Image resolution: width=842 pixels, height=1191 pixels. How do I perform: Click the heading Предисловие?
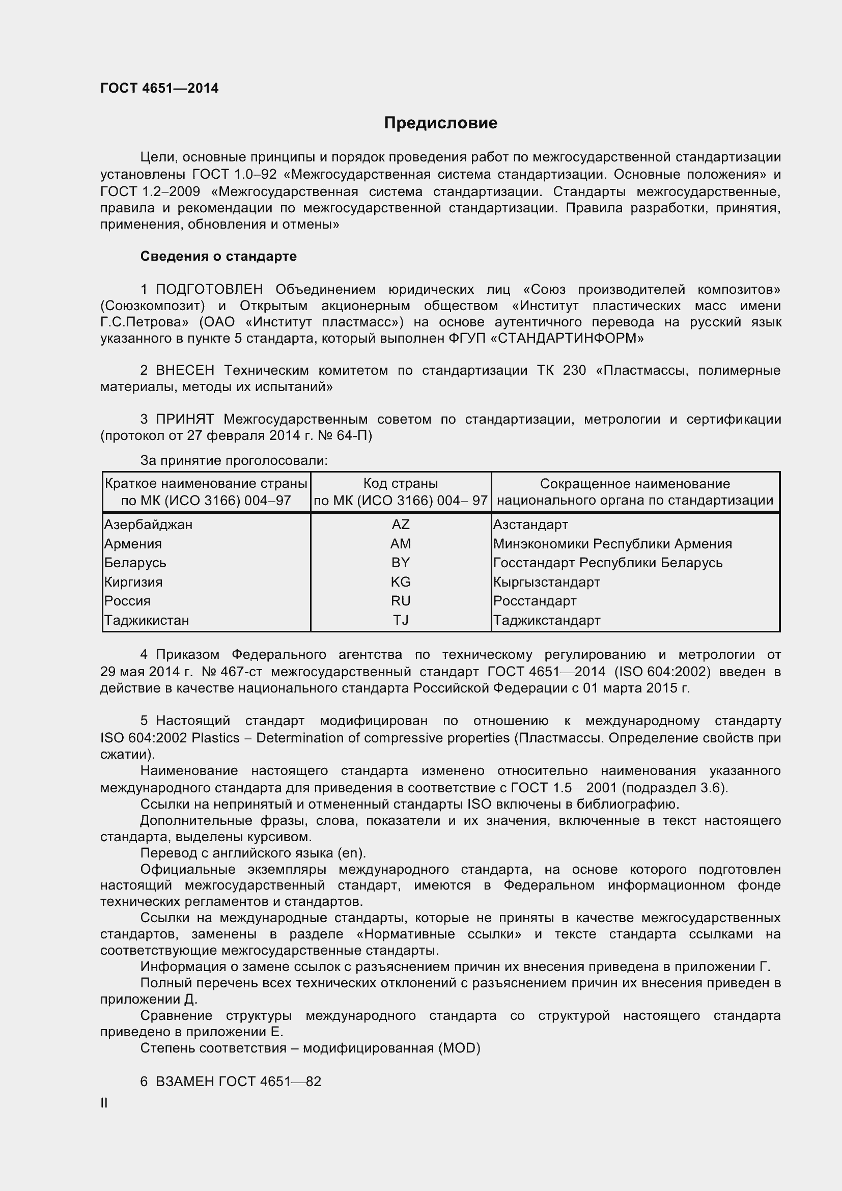[440, 123]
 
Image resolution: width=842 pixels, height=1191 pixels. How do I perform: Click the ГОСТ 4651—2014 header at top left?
[159, 88]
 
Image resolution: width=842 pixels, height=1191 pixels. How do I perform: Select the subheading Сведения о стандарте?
[218, 256]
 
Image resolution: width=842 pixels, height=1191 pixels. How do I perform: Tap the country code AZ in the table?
[400, 524]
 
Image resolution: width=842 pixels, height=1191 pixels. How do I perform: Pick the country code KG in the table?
[400, 582]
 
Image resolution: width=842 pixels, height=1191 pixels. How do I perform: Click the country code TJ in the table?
[400, 620]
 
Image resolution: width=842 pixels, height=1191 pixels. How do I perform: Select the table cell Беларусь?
[135, 563]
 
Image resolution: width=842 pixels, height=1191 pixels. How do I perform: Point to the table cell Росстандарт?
[535, 601]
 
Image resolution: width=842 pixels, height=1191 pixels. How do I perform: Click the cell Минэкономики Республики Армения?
[612, 544]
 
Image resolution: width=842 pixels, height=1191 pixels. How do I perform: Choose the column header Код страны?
[400, 483]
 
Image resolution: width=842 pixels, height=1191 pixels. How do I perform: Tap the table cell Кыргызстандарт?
[546, 582]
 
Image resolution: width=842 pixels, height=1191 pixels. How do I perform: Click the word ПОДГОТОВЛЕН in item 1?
[209, 289]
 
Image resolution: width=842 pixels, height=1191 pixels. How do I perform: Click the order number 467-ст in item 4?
[241, 672]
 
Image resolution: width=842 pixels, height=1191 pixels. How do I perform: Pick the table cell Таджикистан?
[147, 620]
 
